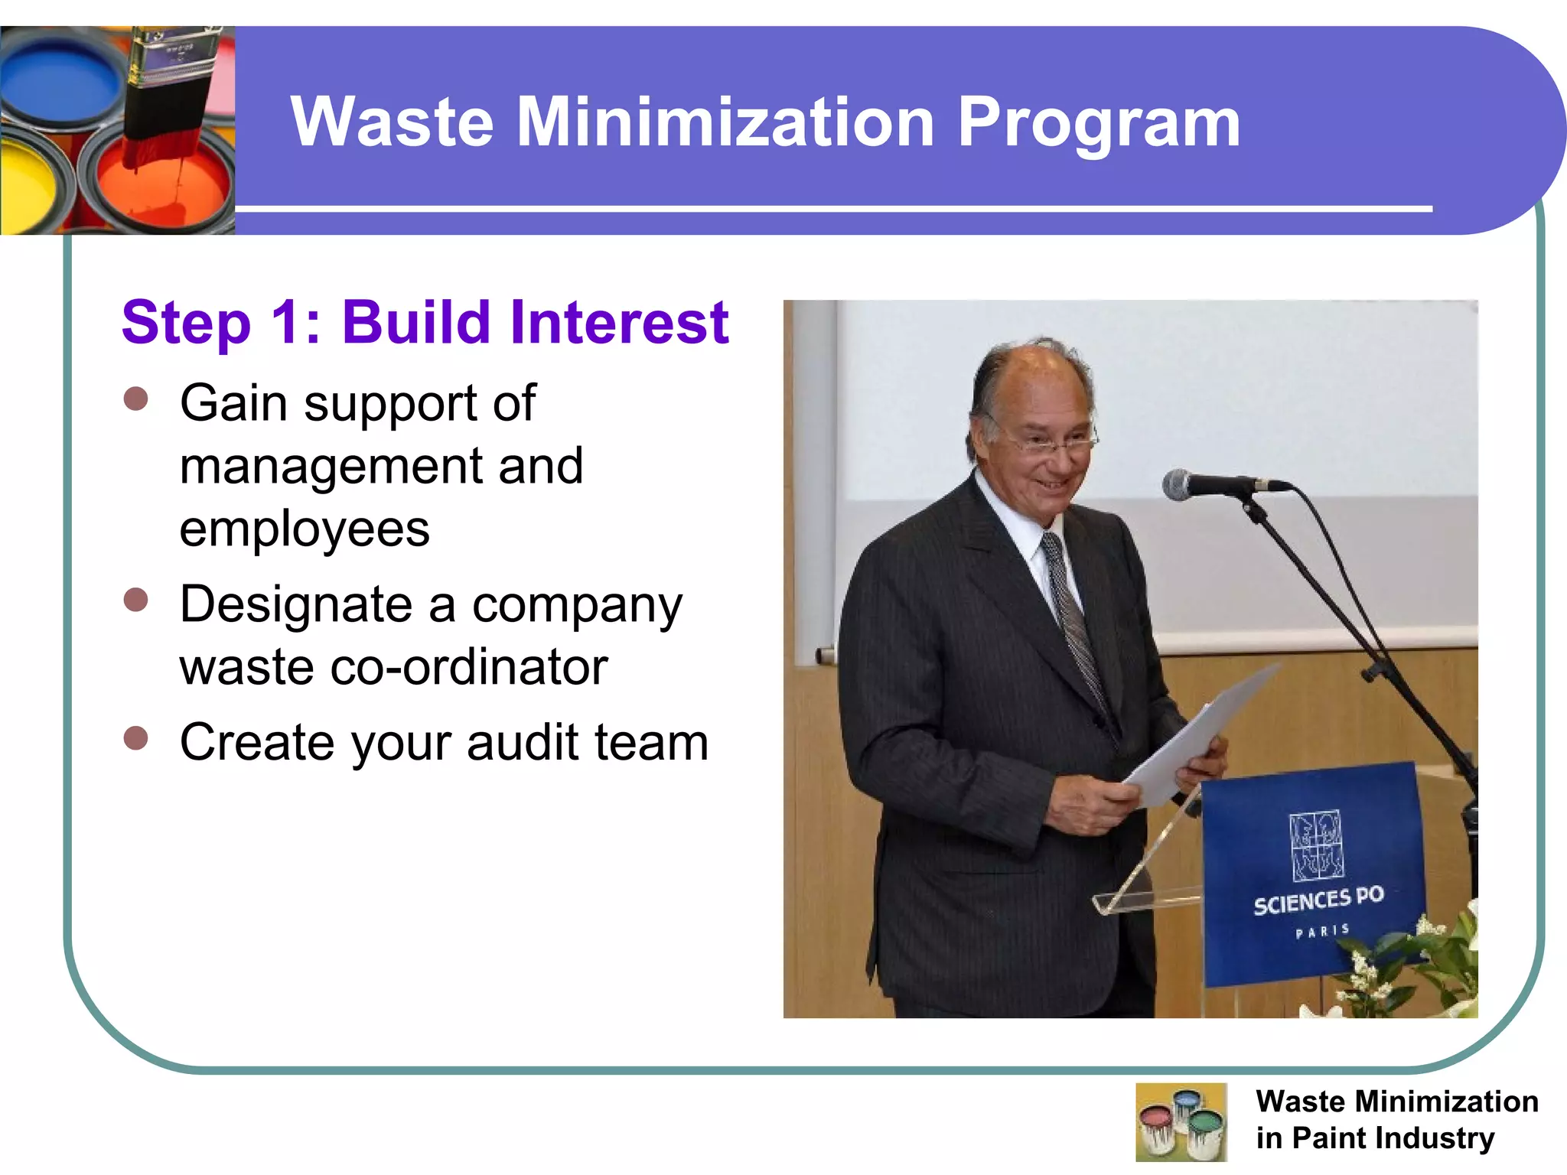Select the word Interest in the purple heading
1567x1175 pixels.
pyautogui.click(x=611, y=323)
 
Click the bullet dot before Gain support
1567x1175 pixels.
pyautogui.click(x=135, y=399)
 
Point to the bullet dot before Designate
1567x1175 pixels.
pyautogui.click(x=135, y=601)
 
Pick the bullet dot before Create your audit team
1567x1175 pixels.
pyautogui.click(x=135, y=739)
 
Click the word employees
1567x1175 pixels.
pyautogui.click(x=305, y=529)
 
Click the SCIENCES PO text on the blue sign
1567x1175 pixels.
pyautogui.click(x=1318, y=901)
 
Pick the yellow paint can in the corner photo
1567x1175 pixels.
pyautogui.click(x=31, y=187)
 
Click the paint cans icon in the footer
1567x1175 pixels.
pyautogui.click(x=1181, y=1122)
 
